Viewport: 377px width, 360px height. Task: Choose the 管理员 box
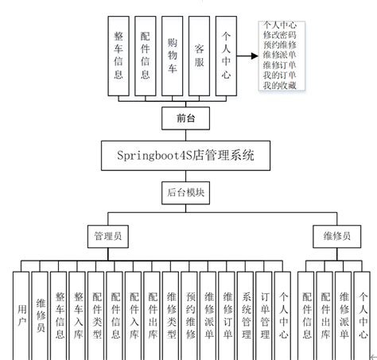pos(108,236)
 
